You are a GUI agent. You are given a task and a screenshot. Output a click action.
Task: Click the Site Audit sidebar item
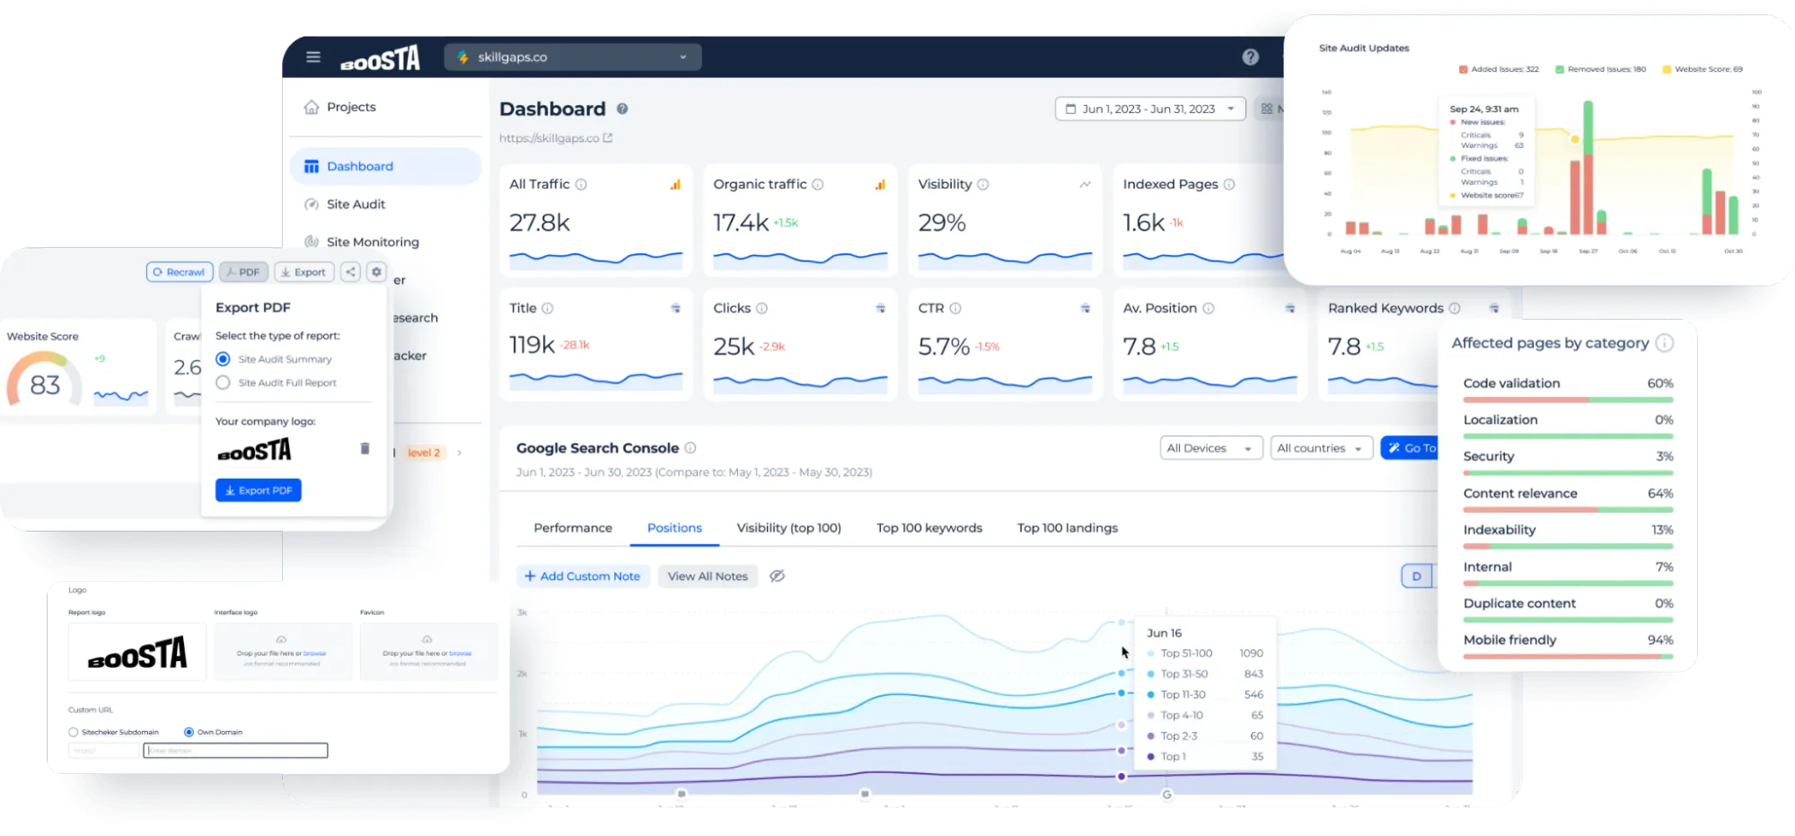pyautogui.click(x=356, y=204)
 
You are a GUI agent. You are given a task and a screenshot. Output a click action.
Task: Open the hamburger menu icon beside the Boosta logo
pyautogui.click(x=312, y=57)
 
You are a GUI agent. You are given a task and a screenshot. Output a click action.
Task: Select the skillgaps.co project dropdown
pyautogui.click(x=572, y=57)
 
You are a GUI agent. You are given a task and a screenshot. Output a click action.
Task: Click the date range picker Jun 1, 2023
pyautogui.click(x=1149, y=109)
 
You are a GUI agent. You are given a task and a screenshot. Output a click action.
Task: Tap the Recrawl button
pyautogui.click(x=180, y=272)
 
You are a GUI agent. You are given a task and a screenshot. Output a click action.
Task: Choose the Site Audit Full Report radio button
pyautogui.click(x=223, y=383)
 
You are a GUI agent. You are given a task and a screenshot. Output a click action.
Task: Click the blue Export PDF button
pyautogui.click(x=259, y=490)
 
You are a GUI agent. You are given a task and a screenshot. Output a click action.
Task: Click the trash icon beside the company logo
pyautogui.click(x=365, y=448)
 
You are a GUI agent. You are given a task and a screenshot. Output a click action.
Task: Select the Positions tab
pyautogui.click(x=674, y=528)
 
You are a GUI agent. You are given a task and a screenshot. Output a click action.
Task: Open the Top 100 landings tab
pyautogui.click(x=1067, y=528)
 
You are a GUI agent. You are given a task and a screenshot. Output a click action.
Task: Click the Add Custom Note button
pyautogui.click(x=582, y=576)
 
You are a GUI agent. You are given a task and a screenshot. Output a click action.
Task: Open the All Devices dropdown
pyautogui.click(x=1209, y=448)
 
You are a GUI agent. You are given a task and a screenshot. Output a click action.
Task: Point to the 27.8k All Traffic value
pyautogui.click(x=540, y=223)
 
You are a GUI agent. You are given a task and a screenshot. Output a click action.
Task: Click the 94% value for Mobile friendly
pyautogui.click(x=1659, y=640)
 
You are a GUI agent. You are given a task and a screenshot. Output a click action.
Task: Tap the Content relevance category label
pyautogui.click(x=1519, y=494)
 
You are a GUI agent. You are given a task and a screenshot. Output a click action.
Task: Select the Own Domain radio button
pyautogui.click(x=189, y=732)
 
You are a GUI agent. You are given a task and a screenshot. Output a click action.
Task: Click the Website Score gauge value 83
pyautogui.click(x=45, y=385)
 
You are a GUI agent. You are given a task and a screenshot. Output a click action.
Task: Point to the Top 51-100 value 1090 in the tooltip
pyautogui.click(x=1251, y=654)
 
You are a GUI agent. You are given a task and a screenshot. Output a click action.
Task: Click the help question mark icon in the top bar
pyautogui.click(x=1250, y=57)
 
